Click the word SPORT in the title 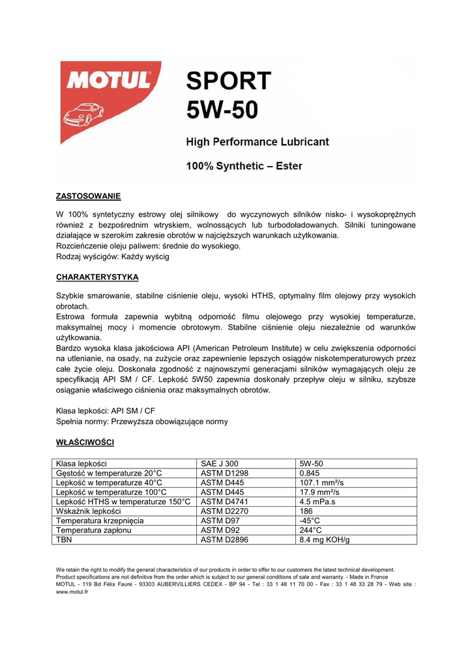tap(228, 81)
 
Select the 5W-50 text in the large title tap(222, 109)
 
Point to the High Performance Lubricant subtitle tap(258, 142)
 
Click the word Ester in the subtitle tap(288, 166)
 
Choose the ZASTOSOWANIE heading tap(89, 196)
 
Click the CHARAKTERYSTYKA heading tap(97, 277)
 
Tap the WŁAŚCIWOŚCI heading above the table tap(85, 443)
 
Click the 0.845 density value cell tap(310, 474)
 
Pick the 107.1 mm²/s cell tap(321, 483)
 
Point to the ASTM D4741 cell tap(225, 502)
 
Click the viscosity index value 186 tap(306, 512)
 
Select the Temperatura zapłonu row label tap(94, 531)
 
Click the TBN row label tap(64, 540)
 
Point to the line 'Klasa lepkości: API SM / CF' tap(106, 411)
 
